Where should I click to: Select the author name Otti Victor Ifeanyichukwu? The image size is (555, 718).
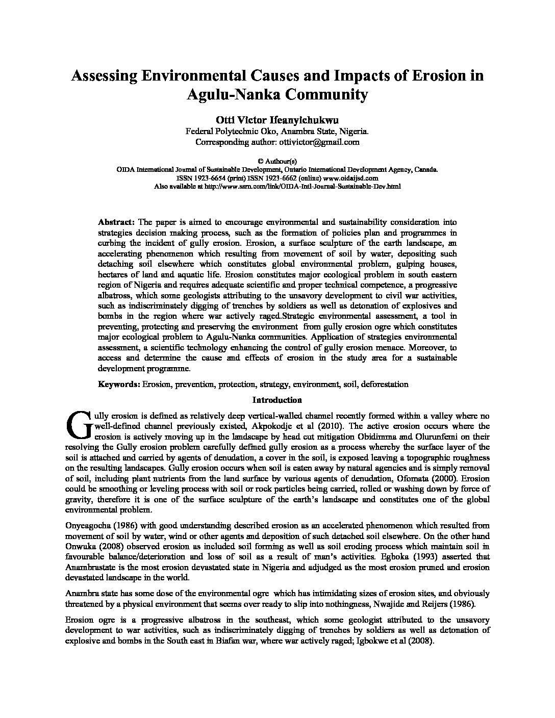point(277,120)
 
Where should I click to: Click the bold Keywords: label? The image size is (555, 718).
point(119,384)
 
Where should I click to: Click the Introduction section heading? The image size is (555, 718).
point(277,400)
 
